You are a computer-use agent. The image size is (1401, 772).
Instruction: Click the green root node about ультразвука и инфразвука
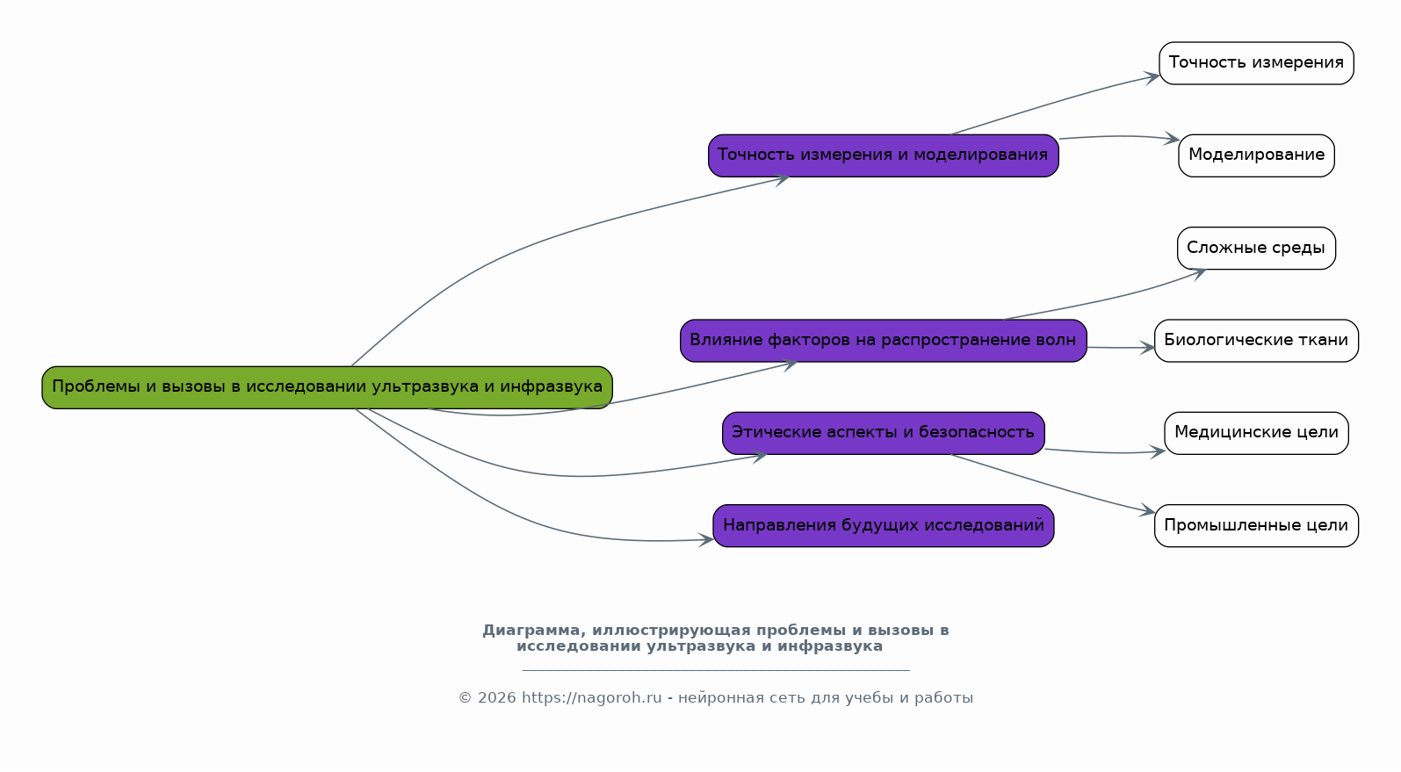[x=327, y=387]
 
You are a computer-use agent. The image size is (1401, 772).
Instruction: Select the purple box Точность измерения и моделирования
[x=883, y=155]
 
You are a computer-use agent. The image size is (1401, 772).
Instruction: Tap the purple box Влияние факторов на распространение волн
[x=883, y=341]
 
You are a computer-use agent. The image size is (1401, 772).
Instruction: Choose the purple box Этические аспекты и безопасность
[x=883, y=433]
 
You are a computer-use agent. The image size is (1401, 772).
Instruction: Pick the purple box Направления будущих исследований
[x=883, y=526]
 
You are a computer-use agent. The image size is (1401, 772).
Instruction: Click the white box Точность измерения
[x=1256, y=63]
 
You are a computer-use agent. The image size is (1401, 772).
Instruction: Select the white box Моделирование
[x=1256, y=155]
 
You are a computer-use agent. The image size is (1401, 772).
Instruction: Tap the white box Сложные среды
[x=1256, y=249]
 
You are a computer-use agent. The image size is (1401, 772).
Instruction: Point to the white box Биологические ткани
[x=1256, y=341]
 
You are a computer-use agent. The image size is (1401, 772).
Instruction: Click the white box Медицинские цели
[x=1256, y=433]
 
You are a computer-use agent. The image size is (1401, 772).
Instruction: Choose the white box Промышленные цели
[x=1256, y=526]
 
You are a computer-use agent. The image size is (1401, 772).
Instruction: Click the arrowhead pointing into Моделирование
[x=1172, y=139]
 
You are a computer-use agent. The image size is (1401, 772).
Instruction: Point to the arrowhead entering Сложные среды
[x=1199, y=273]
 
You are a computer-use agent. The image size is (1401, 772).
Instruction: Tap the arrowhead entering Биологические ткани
[x=1148, y=348]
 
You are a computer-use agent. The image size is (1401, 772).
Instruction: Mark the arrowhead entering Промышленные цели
[x=1148, y=511]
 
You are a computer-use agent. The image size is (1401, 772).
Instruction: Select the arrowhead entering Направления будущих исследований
[x=707, y=540]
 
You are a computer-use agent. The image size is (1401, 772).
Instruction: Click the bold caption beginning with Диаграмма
[x=715, y=639]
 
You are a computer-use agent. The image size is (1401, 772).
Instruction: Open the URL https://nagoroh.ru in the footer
[x=591, y=698]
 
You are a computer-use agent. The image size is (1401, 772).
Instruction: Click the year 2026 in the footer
[x=497, y=698]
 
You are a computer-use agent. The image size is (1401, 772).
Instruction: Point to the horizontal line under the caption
[x=715, y=670]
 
